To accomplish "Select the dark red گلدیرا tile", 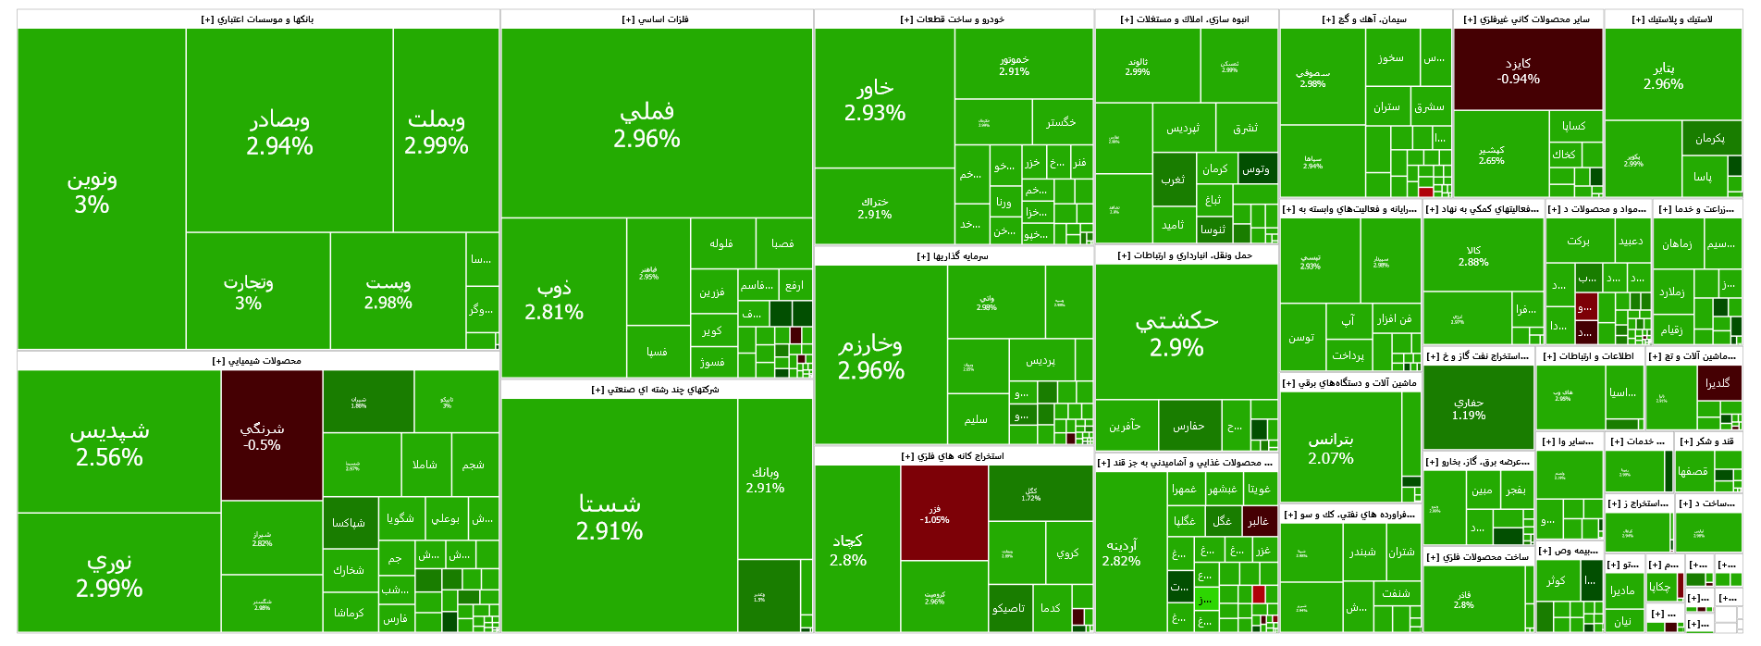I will pyautogui.click(x=1718, y=384).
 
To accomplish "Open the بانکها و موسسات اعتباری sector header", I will pyautogui.click(x=258, y=19).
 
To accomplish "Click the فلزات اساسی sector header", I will pyautogui.click(x=656, y=19).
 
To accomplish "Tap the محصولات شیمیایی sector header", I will pyautogui.click(x=258, y=361).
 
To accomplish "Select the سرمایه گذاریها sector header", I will pyautogui.click(x=954, y=255).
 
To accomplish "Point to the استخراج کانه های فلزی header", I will pyautogui.click(x=954, y=456).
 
